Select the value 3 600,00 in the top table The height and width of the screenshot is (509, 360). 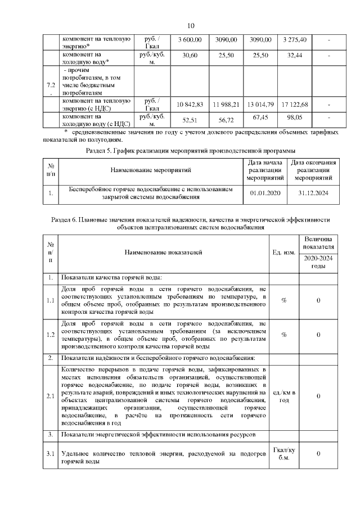190,39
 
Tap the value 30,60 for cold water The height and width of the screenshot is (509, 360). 190,56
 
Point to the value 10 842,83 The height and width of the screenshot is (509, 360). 190,105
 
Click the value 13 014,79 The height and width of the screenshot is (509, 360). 260,105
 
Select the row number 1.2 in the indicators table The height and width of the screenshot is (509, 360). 51,335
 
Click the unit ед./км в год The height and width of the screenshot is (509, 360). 284,396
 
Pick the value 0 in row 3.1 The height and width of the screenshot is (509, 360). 318,453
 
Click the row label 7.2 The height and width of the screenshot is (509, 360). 51,89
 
